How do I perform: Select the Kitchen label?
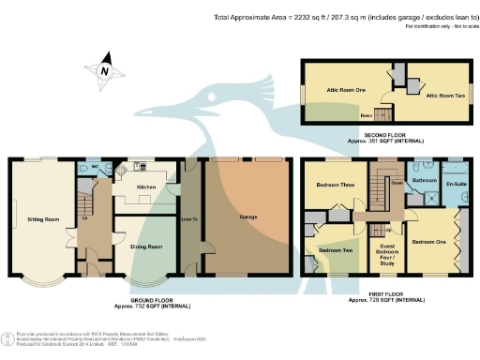[x=145, y=187]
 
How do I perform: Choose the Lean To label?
[x=187, y=218]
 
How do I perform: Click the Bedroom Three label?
[x=335, y=185]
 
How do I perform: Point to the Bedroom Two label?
[x=335, y=250]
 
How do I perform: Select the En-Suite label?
[x=457, y=185]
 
